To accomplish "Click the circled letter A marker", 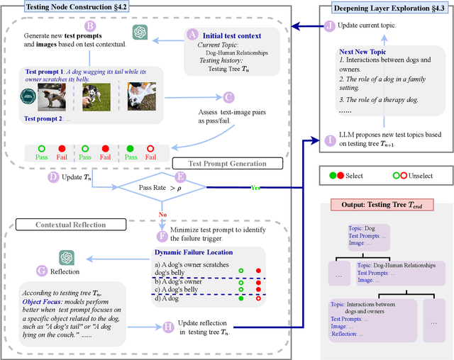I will (192, 34).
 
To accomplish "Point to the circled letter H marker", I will (167, 327).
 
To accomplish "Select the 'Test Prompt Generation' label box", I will (228, 164).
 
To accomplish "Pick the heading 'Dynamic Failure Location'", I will (193, 252).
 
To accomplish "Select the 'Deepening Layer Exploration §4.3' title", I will (389, 9).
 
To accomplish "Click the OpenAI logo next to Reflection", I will (67, 257).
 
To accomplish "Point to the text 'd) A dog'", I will (168, 298).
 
